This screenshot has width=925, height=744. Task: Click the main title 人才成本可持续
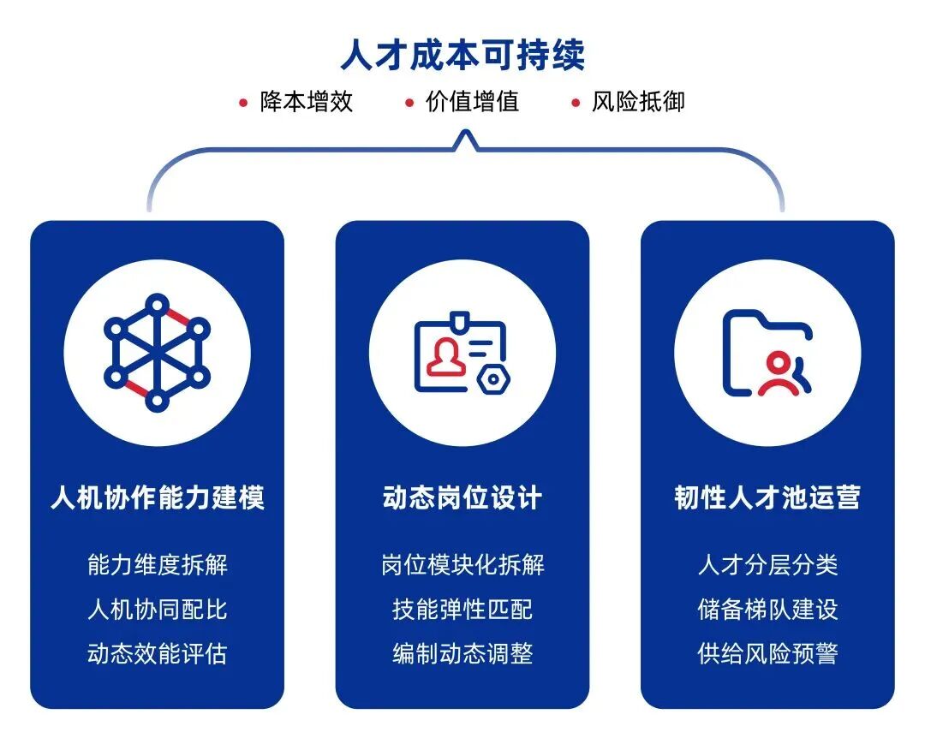click(462, 55)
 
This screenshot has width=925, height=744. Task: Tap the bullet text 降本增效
click(307, 101)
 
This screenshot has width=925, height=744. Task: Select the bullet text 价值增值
click(473, 101)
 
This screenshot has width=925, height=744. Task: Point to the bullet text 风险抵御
click(638, 101)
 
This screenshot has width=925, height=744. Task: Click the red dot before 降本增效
click(243, 104)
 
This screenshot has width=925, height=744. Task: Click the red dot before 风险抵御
click(576, 104)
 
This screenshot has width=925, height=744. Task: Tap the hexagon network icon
click(157, 353)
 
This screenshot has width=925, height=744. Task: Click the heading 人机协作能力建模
click(158, 497)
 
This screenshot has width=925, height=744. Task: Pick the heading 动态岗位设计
click(462, 497)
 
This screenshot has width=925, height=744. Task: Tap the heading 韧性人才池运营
click(767, 497)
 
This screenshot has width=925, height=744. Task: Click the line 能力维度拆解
click(158, 565)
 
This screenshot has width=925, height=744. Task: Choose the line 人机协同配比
click(158, 609)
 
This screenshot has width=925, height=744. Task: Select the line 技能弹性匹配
click(462, 609)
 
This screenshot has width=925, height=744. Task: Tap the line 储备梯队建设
click(767, 609)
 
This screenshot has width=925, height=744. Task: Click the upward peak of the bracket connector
click(465, 132)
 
